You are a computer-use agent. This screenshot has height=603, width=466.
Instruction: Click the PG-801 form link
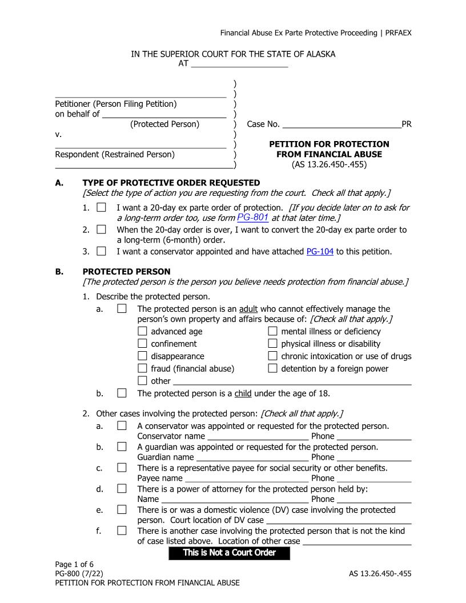(x=252, y=218)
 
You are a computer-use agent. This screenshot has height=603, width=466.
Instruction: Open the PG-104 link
(x=320, y=251)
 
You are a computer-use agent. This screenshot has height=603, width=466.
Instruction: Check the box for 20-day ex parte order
(x=102, y=207)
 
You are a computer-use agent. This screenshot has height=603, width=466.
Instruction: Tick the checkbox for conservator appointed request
(x=102, y=251)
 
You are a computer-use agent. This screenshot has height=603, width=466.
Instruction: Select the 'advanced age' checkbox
(x=143, y=331)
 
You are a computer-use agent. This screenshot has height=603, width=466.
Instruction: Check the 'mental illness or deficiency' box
(x=273, y=331)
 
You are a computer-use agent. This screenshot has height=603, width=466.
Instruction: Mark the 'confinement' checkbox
(x=143, y=344)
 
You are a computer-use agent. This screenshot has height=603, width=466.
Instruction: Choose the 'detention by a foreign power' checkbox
(x=273, y=368)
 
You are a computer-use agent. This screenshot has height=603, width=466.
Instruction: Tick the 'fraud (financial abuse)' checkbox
(x=143, y=368)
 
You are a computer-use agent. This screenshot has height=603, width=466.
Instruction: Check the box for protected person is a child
(x=122, y=393)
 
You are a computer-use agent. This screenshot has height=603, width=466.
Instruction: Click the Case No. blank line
(x=342, y=124)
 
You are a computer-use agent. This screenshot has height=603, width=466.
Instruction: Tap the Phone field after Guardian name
(x=374, y=458)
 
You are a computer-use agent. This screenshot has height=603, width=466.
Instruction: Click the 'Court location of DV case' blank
(x=339, y=521)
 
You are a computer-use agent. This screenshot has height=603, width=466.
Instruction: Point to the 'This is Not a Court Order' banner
(x=229, y=553)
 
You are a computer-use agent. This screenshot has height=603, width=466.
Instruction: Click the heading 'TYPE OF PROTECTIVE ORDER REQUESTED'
(x=171, y=183)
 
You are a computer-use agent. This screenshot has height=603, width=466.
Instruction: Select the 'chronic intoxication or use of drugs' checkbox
(x=273, y=356)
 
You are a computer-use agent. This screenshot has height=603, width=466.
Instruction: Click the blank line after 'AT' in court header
(x=239, y=64)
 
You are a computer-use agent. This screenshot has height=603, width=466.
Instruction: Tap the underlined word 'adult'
(x=250, y=309)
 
